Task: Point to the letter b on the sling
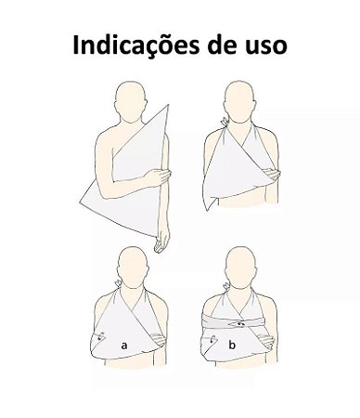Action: point(233,346)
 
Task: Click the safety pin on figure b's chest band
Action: point(240,324)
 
